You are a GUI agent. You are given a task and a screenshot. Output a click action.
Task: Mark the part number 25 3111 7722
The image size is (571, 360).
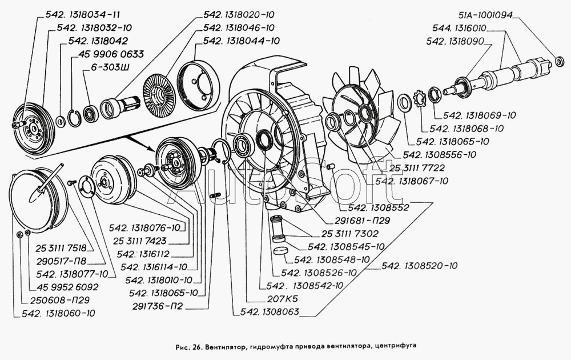click(x=417, y=167)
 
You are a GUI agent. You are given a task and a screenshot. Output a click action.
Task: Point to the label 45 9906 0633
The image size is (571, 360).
click(x=107, y=54)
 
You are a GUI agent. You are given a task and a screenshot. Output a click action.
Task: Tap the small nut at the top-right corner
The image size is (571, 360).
click(x=558, y=61)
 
